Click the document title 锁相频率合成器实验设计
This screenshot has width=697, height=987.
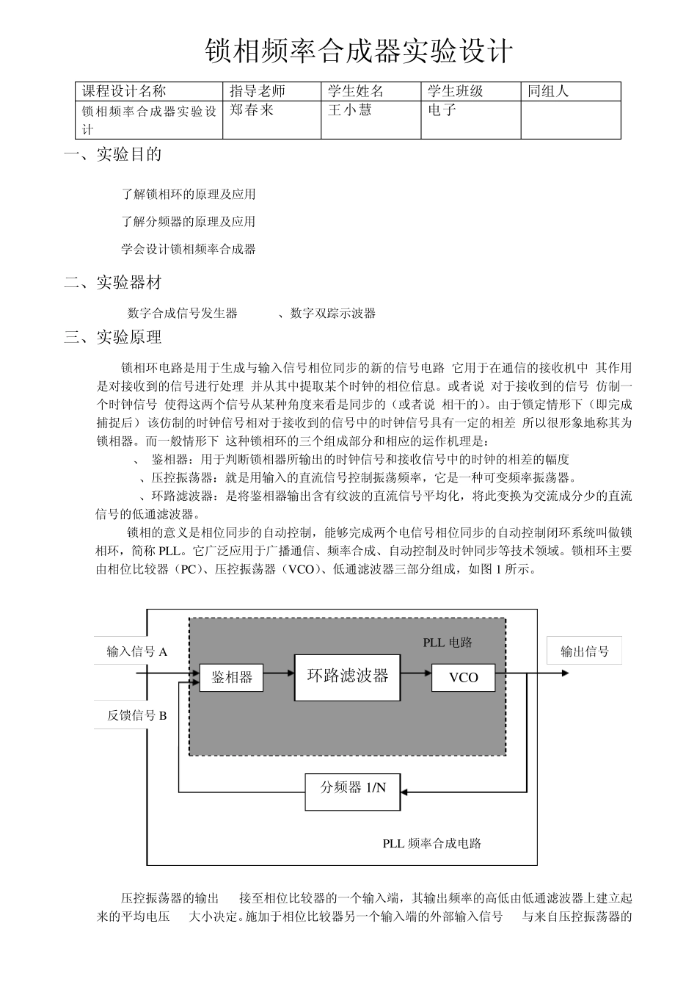[358, 52]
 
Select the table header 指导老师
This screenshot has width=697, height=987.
[257, 91]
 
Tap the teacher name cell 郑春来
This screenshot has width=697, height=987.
[252, 110]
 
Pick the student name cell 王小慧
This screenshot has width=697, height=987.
[349, 110]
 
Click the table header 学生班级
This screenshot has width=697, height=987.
[455, 91]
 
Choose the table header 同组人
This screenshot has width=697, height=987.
[548, 91]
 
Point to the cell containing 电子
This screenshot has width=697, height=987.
[442, 110]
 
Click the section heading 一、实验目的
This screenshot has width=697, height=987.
[113, 154]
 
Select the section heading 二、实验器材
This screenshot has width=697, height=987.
[113, 283]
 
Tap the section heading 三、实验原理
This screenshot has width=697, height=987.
[113, 337]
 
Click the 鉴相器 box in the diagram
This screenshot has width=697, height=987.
[231, 677]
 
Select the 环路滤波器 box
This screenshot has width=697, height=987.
[347, 676]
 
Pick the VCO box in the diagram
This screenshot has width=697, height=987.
[463, 677]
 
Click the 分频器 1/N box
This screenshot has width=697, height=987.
[353, 787]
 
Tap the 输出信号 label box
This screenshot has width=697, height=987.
[584, 651]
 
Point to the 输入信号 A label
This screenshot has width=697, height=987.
[137, 651]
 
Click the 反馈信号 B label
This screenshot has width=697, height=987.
[137, 715]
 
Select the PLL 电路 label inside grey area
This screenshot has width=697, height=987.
[448, 643]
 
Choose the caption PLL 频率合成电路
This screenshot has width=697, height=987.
[431, 843]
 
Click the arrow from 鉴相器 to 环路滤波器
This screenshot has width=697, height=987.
[278, 673]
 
